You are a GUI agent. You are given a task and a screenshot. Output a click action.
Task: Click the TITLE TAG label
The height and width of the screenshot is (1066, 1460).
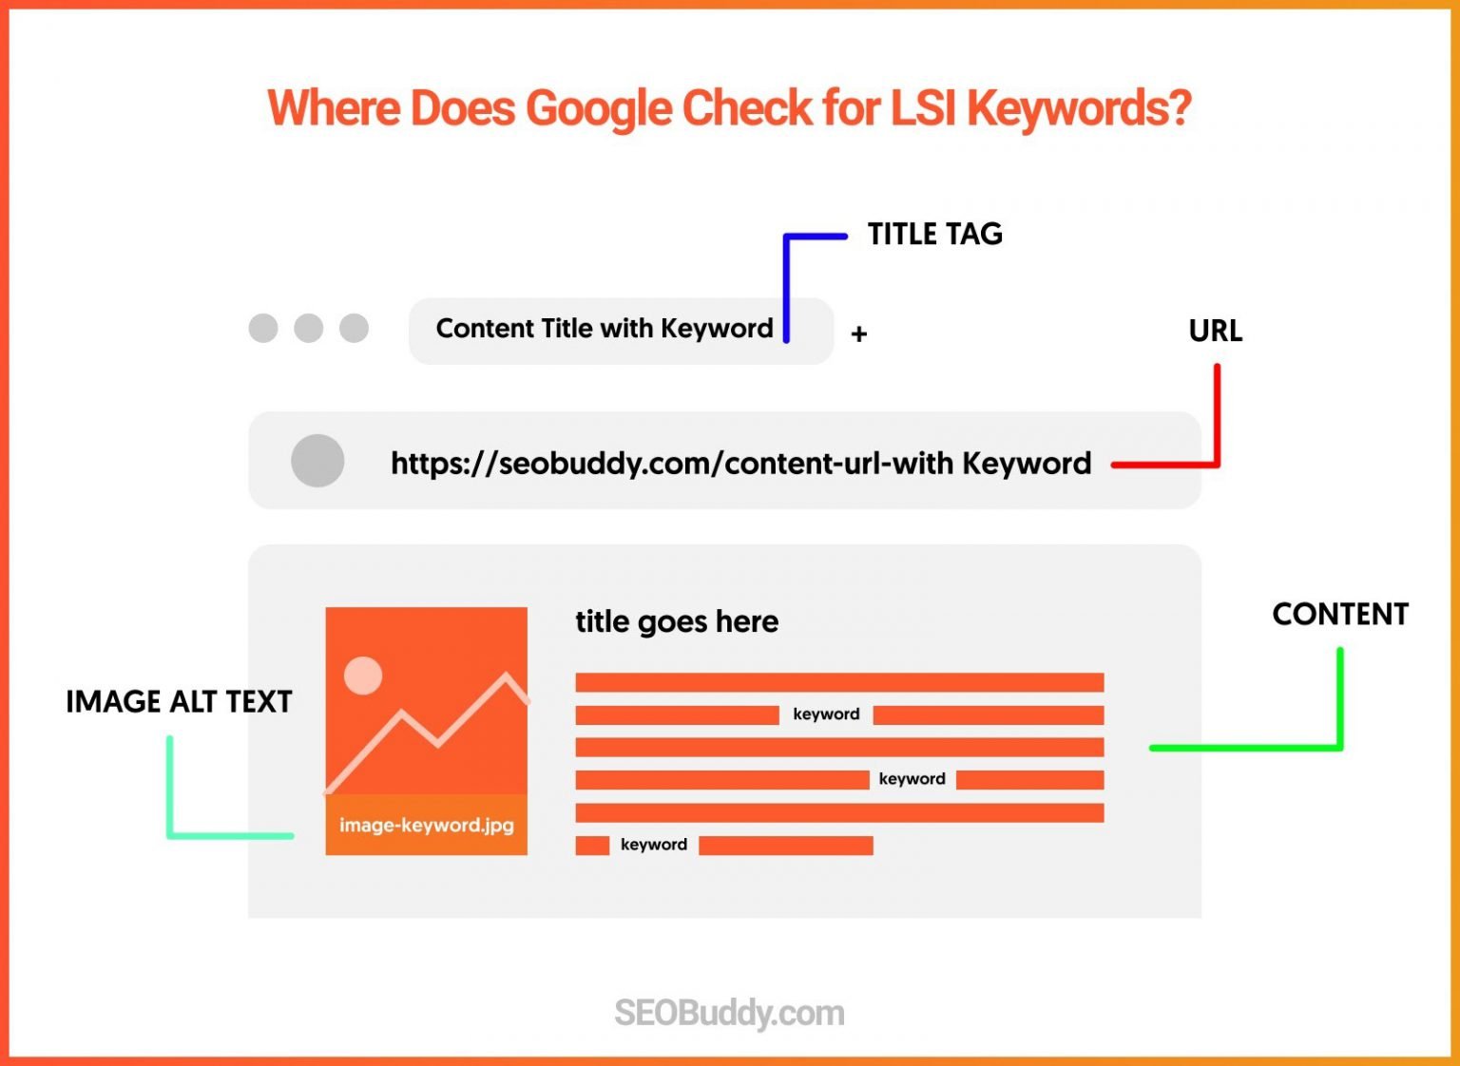(934, 234)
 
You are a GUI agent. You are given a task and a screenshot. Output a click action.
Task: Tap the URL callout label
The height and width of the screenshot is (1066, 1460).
(1215, 331)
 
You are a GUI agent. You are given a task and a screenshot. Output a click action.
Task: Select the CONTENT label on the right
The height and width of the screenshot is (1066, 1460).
(1339, 615)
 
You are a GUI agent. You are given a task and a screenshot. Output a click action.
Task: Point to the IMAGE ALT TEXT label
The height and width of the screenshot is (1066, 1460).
(179, 701)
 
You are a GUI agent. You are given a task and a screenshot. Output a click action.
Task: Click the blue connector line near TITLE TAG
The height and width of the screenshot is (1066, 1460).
(787, 285)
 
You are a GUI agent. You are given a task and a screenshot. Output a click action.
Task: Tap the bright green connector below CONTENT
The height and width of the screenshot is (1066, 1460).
(1338, 703)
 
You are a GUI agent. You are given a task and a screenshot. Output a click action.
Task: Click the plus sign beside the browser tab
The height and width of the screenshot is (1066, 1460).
(858, 334)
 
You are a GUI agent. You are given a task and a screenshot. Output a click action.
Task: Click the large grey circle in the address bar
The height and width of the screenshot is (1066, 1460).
(317, 461)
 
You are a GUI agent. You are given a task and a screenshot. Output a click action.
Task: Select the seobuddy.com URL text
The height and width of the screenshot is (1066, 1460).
(740, 463)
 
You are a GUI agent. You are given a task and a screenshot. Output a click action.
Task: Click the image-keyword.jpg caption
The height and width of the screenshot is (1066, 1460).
(426, 825)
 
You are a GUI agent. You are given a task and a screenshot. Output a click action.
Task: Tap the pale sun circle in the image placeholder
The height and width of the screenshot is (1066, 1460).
(363, 676)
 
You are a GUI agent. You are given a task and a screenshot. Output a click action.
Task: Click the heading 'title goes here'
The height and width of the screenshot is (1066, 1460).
(677, 621)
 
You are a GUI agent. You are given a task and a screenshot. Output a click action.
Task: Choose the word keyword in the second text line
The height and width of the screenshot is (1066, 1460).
(826, 714)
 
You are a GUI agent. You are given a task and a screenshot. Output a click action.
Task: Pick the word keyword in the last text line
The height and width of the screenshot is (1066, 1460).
(653, 845)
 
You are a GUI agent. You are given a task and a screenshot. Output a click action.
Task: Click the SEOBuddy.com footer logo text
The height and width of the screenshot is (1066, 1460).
(729, 1013)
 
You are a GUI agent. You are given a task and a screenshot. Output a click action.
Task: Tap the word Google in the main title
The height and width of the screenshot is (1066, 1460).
(598, 108)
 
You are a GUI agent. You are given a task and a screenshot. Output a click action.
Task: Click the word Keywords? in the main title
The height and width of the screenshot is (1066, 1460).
(1079, 108)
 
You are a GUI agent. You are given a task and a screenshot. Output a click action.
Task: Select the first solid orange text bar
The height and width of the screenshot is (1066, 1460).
(839, 682)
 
